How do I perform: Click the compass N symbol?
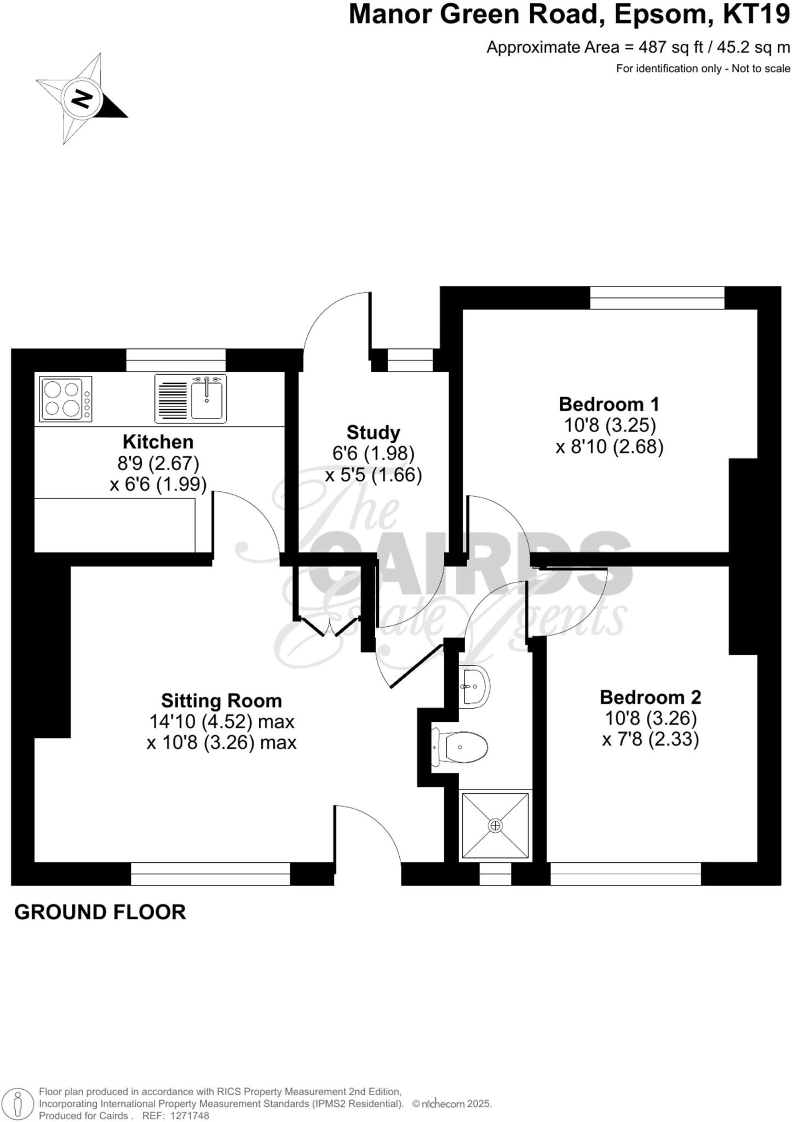pos(83,99)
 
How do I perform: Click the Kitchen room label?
pos(158,442)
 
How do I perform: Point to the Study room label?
pos(374,432)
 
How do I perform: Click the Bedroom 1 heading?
pos(609,404)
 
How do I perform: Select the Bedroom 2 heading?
pos(650,697)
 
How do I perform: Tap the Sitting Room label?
pos(221,701)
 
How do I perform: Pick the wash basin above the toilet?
pos(474,685)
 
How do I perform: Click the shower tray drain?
pos(495,825)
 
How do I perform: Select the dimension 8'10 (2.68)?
pos(609,447)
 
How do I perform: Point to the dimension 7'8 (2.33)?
pos(650,740)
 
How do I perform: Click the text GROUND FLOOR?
pos(100,912)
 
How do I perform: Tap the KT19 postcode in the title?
pos(756,15)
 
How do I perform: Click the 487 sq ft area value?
pos(672,48)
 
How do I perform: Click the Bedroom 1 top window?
pos(657,298)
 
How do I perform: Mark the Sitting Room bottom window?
pos(210,873)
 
